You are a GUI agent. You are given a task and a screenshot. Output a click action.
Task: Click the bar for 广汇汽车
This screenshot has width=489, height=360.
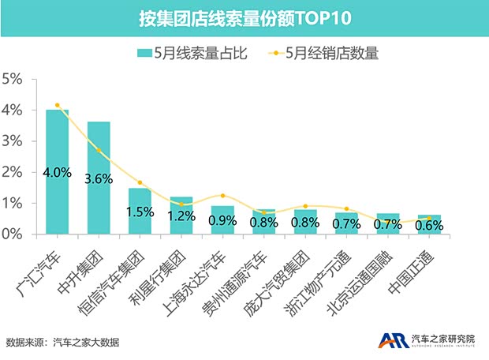pyautogui.click(x=57, y=172)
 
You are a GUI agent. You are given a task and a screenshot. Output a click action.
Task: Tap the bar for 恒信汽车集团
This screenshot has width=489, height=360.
pyautogui.click(x=140, y=211)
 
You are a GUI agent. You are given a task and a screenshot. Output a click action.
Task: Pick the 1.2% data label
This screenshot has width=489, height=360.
pyautogui.click(x=181, y=216)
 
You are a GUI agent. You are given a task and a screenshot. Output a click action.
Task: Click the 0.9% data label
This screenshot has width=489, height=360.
pyautogui.click(x=222, y=221)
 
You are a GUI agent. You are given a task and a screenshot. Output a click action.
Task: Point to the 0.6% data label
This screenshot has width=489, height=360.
pyautogui.click(x=429, y=225)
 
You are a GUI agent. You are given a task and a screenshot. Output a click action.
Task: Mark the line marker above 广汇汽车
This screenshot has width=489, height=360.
pyautogui.click(x=57, y=105)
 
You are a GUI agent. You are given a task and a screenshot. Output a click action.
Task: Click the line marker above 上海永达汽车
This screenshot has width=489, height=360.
pyautogui.click(x=222, y=195)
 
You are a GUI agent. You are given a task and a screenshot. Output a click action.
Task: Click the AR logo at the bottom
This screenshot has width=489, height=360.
pyautogui.click(x=391, y=340)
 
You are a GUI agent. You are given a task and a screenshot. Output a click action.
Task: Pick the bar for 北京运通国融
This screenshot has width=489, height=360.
pyautogui.click(x=388, y=223)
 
